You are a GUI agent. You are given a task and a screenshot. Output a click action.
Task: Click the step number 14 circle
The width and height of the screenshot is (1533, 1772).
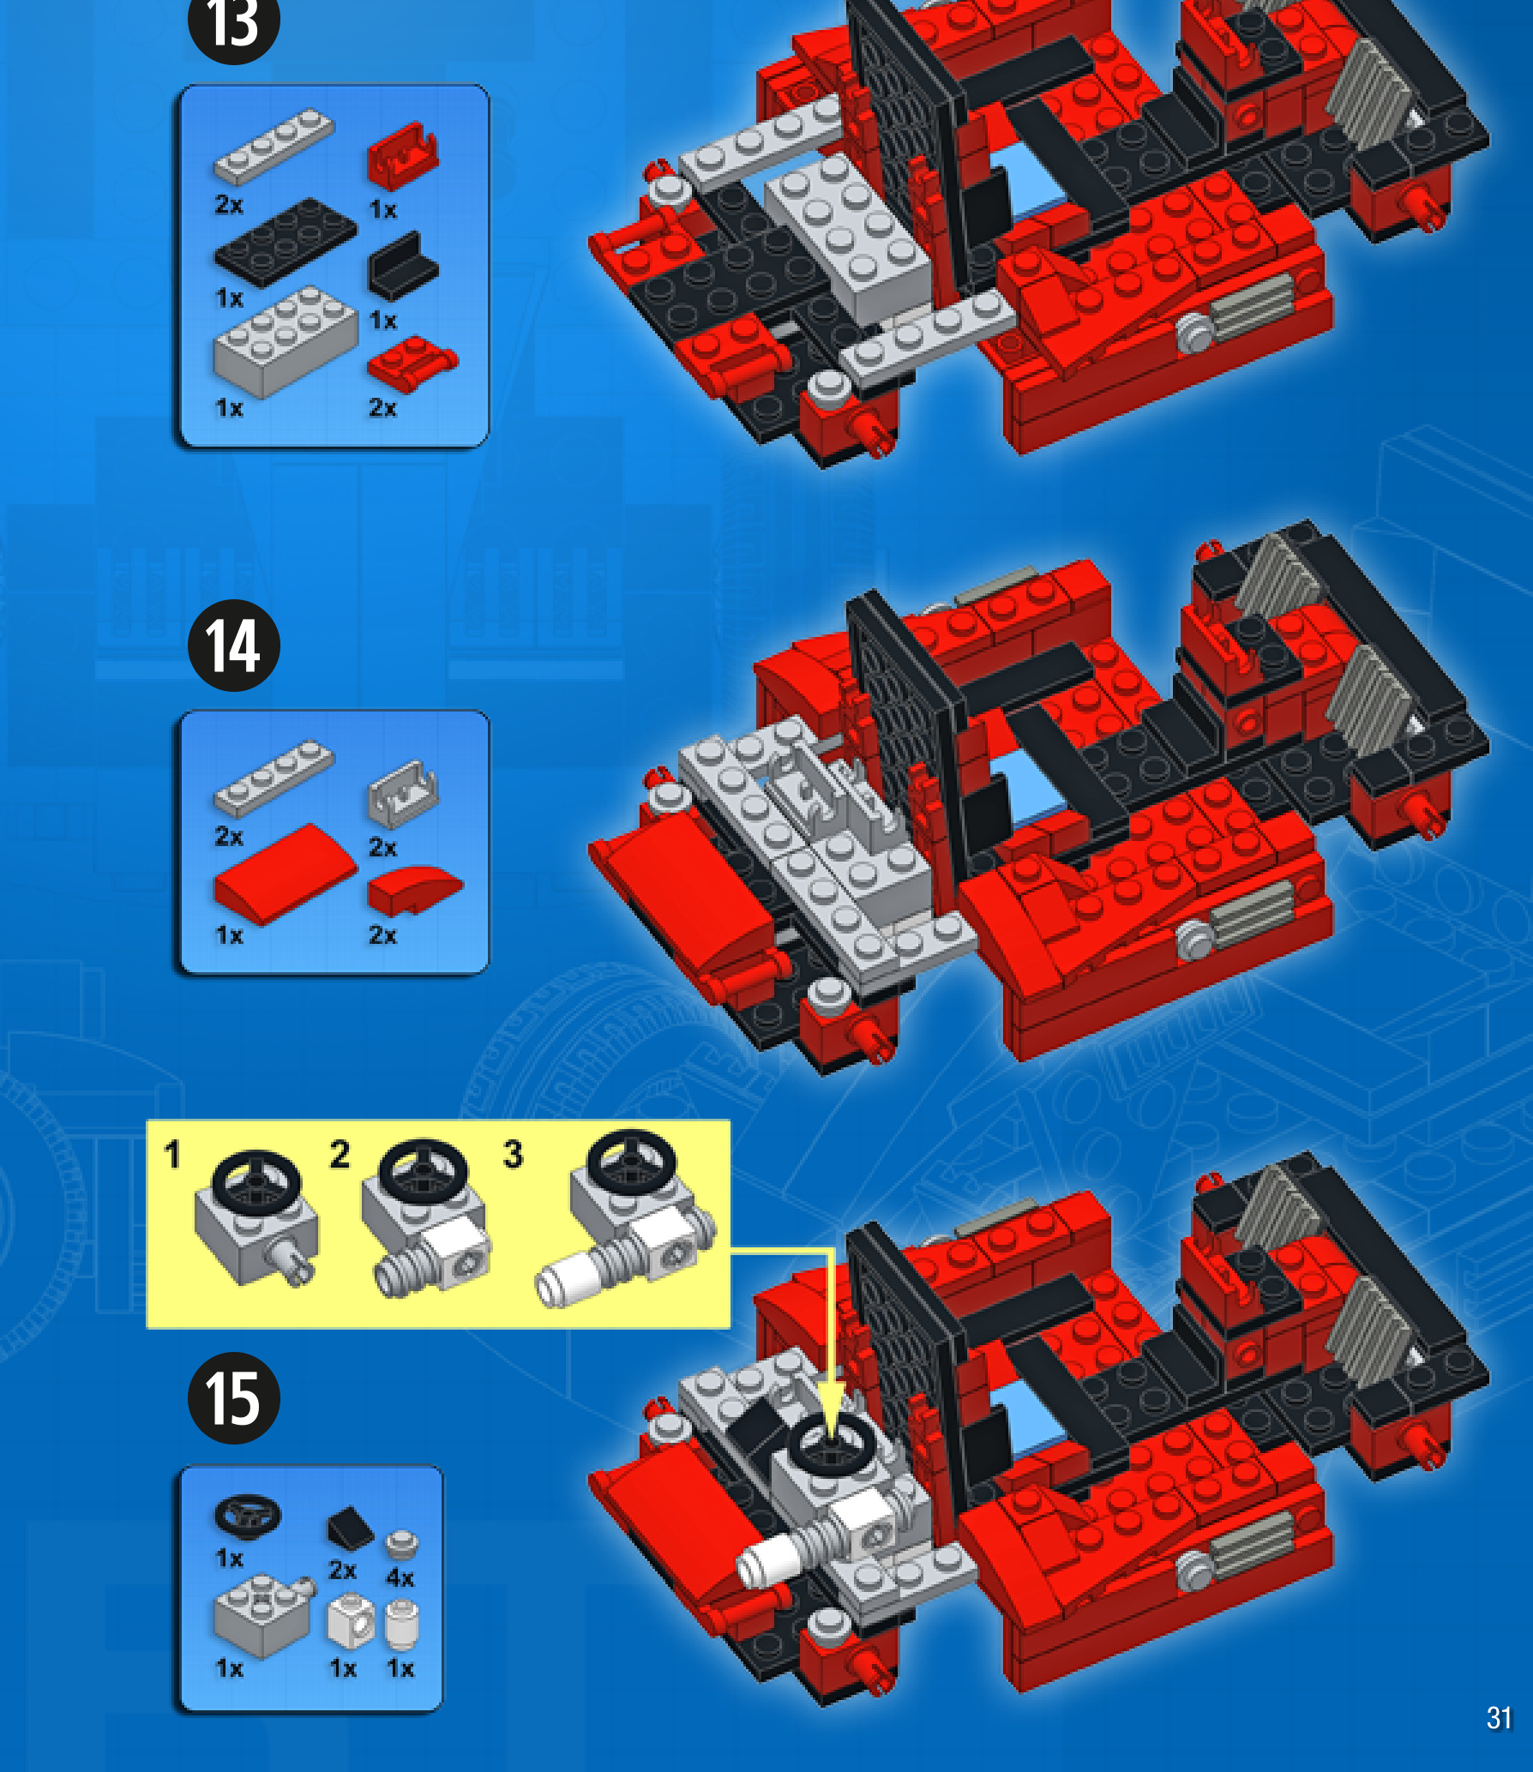pyautogui.click(x=234, y=646)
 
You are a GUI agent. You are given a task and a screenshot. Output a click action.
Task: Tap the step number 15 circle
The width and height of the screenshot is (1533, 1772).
pyautogui.click(x=234, y=1398)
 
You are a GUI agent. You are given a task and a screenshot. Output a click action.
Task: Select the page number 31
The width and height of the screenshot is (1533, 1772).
pyautogui.click(x=1499, y=1717)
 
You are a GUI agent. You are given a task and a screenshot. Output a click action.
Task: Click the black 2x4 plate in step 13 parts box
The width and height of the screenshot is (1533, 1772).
pyautogui.click(x=285, y=241)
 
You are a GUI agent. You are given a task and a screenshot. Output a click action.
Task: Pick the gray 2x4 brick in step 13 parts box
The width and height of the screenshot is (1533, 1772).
pyautogui.click(x=285, y=341)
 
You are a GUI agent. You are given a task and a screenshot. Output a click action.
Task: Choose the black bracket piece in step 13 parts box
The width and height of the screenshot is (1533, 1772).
pyautogui.click(x=403, y=265)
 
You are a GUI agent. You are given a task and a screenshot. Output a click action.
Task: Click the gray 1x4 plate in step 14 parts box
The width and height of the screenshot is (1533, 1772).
pyautogui.click(x=274, y=778)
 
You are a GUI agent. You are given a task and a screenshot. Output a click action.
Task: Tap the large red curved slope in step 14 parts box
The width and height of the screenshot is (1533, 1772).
pyautogui.click(x=285, y=874)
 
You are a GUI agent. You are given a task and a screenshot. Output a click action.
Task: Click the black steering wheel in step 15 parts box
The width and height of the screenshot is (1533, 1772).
pyautogui.click(x=248, y=1517)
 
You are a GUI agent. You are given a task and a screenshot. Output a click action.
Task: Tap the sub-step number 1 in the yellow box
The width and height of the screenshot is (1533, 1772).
pyautogui.click(x=172, y=1155)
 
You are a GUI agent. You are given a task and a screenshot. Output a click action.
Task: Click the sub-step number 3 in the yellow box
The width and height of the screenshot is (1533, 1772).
pyautogui.click(x=513, y=1154)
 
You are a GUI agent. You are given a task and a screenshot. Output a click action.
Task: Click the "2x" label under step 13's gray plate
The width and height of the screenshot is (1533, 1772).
pyautogui.click(x=229, y=205)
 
